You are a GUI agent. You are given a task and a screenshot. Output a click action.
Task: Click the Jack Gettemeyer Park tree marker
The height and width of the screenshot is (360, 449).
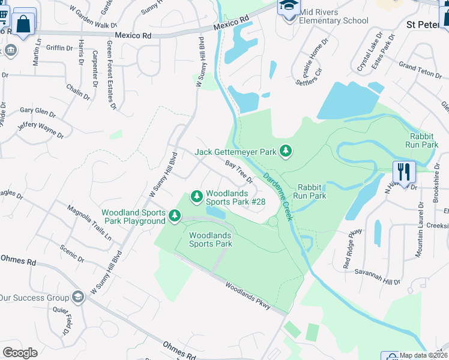[x=286, y=151]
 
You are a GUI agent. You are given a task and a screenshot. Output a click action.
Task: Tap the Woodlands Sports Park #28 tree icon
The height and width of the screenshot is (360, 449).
[x=196, y=196]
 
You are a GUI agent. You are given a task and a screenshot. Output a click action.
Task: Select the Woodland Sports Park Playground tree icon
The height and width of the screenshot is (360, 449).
[x=175, y=215]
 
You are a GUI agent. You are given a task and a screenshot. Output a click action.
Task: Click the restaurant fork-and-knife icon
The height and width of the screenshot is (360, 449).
[x=405, y=172]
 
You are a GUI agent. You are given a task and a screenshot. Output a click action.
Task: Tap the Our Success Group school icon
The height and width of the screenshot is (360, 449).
[x=77, y=297]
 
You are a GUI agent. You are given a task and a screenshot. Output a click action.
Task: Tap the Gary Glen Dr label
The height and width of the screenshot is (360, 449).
[x=38, y=112]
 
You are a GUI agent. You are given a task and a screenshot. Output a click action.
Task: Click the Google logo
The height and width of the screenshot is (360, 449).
[x=20, y=352]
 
